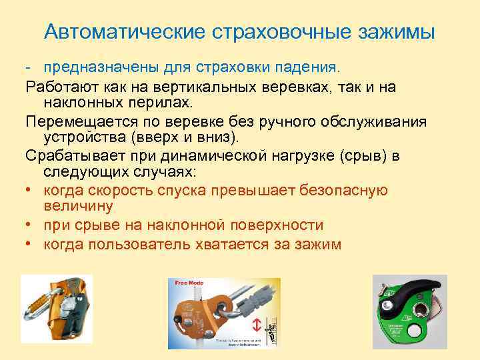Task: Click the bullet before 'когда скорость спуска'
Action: point(30,191)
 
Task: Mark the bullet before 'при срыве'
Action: point(30,225)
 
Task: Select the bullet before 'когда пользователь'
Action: point(30,245)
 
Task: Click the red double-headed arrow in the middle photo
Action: point(256,325)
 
